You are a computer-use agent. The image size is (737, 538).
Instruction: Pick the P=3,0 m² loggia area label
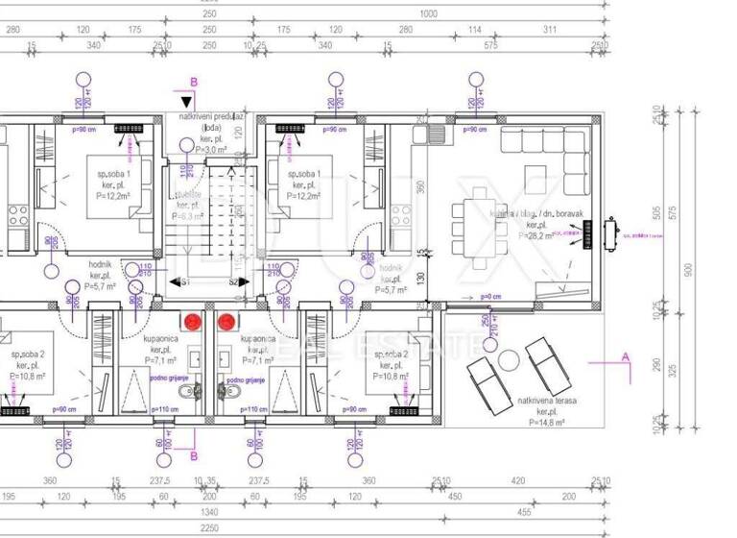[x=210, y=150]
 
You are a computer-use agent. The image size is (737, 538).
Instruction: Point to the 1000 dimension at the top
[x=428, y=14]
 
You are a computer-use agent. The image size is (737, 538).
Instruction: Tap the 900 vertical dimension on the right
[x=686, y=271]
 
